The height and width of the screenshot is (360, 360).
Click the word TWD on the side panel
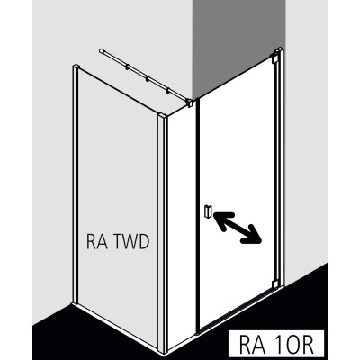click(x=132, y=242)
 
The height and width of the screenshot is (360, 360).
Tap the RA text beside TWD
click(x=96, y=242)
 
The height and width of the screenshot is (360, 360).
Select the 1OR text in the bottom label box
click(x=292, y=344)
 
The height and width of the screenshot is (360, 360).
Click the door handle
click(x=209, y=211)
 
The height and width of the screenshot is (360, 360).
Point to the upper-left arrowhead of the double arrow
click(x=222, y=220)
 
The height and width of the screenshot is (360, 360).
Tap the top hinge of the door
click(x=275, y=58)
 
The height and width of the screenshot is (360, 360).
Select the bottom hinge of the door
click(x=275, y=284)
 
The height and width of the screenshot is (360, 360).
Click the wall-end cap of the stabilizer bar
click(x=101, y=51)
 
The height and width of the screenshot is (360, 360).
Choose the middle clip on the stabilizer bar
click(x=147, y=79)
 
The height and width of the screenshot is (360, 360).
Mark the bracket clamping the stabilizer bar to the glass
click(x=190, y=103)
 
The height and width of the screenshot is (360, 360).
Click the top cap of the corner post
click(x=163, y=116)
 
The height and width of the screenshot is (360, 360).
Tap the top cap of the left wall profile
click(x=76, y=67)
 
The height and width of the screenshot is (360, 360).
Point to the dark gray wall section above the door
click(x=238, y=45)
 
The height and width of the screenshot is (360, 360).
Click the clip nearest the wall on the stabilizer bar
click(x=127, y=67)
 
